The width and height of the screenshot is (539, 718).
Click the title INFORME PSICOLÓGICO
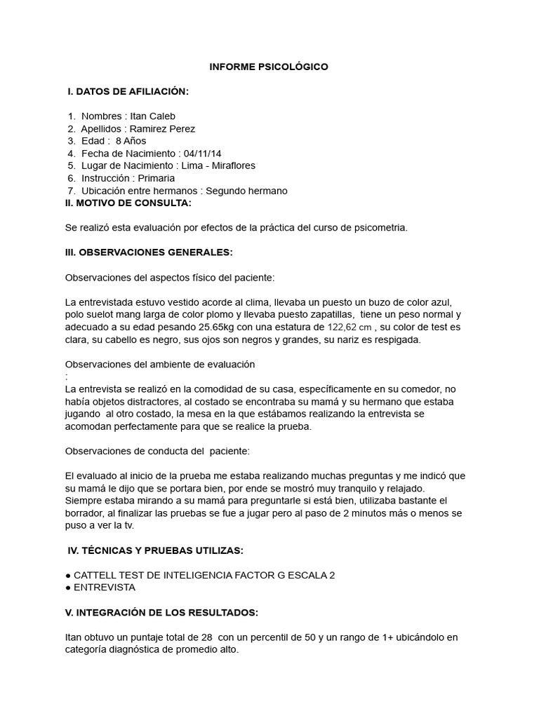[x=269, y=67]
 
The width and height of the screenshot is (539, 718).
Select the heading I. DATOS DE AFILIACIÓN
[x=128, y=92]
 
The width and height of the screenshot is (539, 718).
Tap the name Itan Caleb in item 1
[x=153, y=116]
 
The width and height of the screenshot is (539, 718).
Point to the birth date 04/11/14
[x=205, y=153]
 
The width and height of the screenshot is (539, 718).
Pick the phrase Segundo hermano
[x=246, y=191]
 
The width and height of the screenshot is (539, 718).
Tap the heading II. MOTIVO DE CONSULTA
[x=128, y=203]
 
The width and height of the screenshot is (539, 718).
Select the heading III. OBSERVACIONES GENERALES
[x=149, y=252]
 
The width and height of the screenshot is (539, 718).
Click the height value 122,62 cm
[x=351, y=327]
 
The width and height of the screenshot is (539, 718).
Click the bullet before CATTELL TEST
[x=68, y=575]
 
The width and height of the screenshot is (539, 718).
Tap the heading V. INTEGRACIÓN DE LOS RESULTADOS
[x=161, y=612]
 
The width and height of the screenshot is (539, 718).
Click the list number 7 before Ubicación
[x=71, y=191]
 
